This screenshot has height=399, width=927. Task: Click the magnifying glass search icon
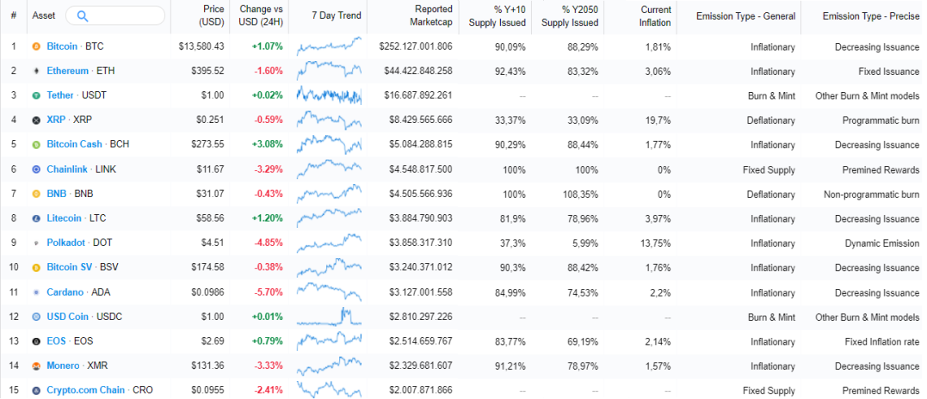point(83,16)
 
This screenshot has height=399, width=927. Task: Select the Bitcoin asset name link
point(62,46)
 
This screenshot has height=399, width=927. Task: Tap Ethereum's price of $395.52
point(207,71)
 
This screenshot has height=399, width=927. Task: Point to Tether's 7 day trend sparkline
point(330,95)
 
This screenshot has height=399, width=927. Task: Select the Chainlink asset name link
point(67,169)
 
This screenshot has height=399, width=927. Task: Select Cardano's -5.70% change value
point(269,292)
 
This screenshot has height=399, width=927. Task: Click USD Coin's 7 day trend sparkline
point(330,316)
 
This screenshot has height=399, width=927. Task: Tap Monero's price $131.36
point(207,366)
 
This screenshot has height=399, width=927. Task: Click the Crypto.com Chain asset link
point(86,390)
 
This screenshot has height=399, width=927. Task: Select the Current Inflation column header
point(656,16)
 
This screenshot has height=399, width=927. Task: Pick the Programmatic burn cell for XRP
point(881,120)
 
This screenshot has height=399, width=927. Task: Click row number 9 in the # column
point(13,243)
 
